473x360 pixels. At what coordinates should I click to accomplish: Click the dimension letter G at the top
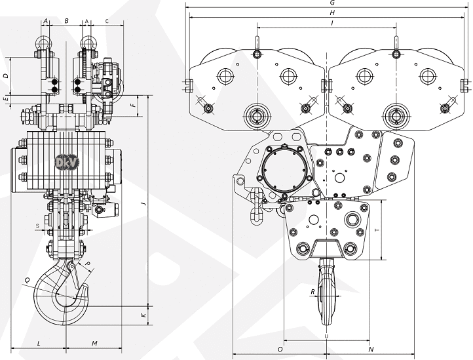click(x=333, y=3)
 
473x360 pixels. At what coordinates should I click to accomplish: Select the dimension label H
click(x=333, y=12)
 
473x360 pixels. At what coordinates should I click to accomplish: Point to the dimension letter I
click(x=333, y=23)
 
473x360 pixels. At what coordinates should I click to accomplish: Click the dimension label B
click(x=66, y=21)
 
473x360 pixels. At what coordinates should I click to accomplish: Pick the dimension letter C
click(x=107, y=21)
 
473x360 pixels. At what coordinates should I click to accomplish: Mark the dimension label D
click(x=5, y=76)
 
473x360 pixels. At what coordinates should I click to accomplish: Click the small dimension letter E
click(x=5, y=98)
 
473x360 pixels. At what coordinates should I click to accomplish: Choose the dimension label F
click(x=132, y=105)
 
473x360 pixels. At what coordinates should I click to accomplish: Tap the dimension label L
click(x=39, y=343)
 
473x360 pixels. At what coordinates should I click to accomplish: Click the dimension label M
click(x=94, y=343)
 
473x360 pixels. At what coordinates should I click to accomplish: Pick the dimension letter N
click(x=371, y=348)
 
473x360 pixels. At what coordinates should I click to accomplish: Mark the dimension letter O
click(x=280, y=348)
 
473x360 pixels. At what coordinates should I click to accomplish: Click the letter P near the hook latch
click(x=89, y=264)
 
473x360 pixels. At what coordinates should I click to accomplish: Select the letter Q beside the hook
click(x=27, y=280)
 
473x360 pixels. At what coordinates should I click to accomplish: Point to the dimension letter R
click(x=312, y=291)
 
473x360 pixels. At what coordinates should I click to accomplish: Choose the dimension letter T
click(x=376, y=230)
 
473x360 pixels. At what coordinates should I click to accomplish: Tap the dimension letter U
click(x=327, y=336)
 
